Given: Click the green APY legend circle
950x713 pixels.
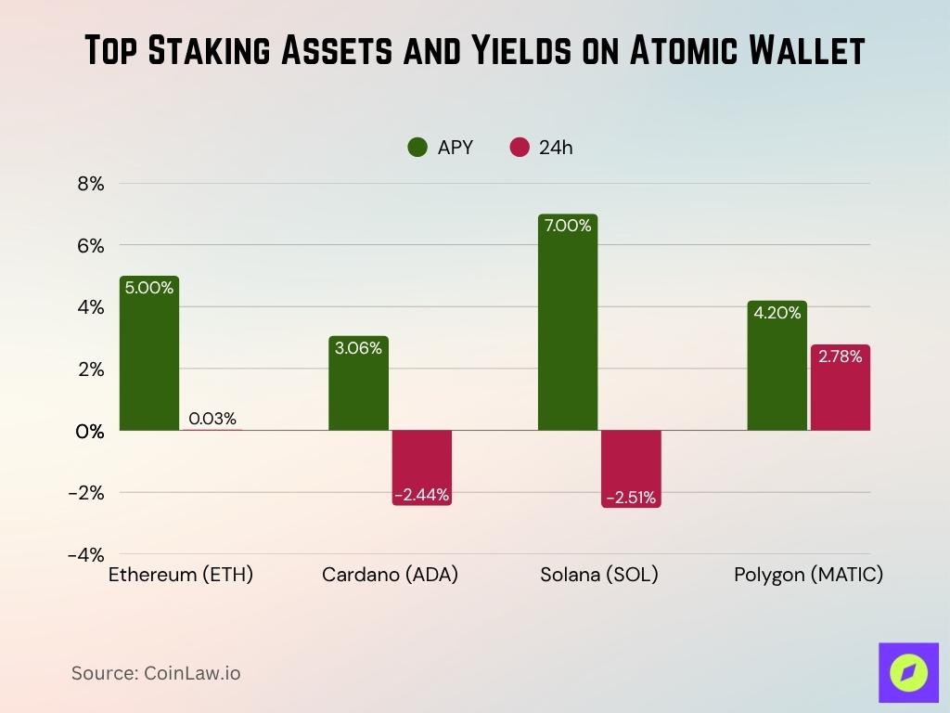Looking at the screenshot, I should (x=417, y=147).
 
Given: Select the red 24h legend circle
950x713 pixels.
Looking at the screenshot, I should (x=520, y=147).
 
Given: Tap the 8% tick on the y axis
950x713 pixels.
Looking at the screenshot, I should (x=91, y=184).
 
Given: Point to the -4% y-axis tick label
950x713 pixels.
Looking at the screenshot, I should (x=86, y=554).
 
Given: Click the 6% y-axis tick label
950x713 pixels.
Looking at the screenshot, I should (x=91, y=246).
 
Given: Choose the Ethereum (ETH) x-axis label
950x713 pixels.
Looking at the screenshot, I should (x=181, y=575).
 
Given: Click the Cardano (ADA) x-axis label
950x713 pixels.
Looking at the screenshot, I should (x=391, y=575).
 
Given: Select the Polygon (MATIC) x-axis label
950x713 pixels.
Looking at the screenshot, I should (x=808, y=575).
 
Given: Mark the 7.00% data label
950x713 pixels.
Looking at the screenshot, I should (x=567, y=225).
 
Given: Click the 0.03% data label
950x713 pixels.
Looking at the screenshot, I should (x=212, y=419).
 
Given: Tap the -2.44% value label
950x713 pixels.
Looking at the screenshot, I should (x=422, y=495).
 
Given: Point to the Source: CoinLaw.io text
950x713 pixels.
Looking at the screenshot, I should (x=156, y=673).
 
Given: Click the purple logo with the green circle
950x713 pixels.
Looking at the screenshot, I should (x=908, y=671).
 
